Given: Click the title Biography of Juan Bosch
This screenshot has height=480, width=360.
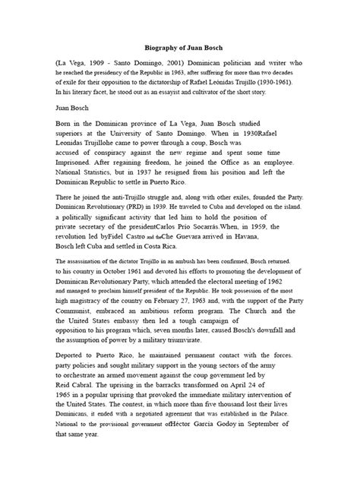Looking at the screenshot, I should pos(179,44).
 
